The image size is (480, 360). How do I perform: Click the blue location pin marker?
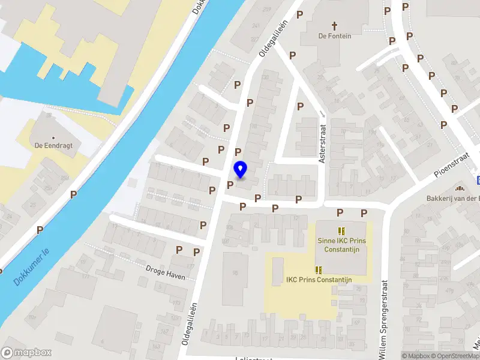[x=241, y=169]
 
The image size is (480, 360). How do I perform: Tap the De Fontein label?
[x=334, y=36]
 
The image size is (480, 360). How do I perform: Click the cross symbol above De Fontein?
[x=334, y=26]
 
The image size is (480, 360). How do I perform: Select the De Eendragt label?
[x=53, y=145]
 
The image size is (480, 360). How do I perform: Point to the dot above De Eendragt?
[x=53, y=137]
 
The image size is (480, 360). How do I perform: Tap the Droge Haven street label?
[x=166, y=271]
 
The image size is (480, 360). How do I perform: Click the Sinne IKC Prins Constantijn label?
[x=341, y=245]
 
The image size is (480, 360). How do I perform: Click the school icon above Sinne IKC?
[x=341, y=231]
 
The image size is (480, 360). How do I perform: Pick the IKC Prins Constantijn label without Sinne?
[x=319, y=280]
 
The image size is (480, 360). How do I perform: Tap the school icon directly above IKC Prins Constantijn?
[x=318, y=270]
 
